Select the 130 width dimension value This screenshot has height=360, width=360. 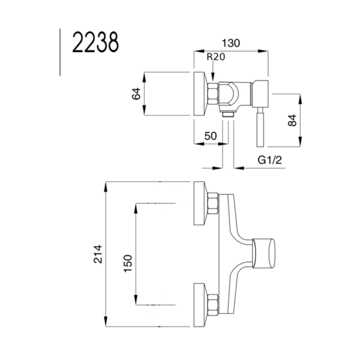231,43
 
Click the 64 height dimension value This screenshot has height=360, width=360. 136,94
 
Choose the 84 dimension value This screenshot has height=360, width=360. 292,119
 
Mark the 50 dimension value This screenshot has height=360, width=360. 210,136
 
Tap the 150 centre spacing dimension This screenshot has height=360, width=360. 127,263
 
